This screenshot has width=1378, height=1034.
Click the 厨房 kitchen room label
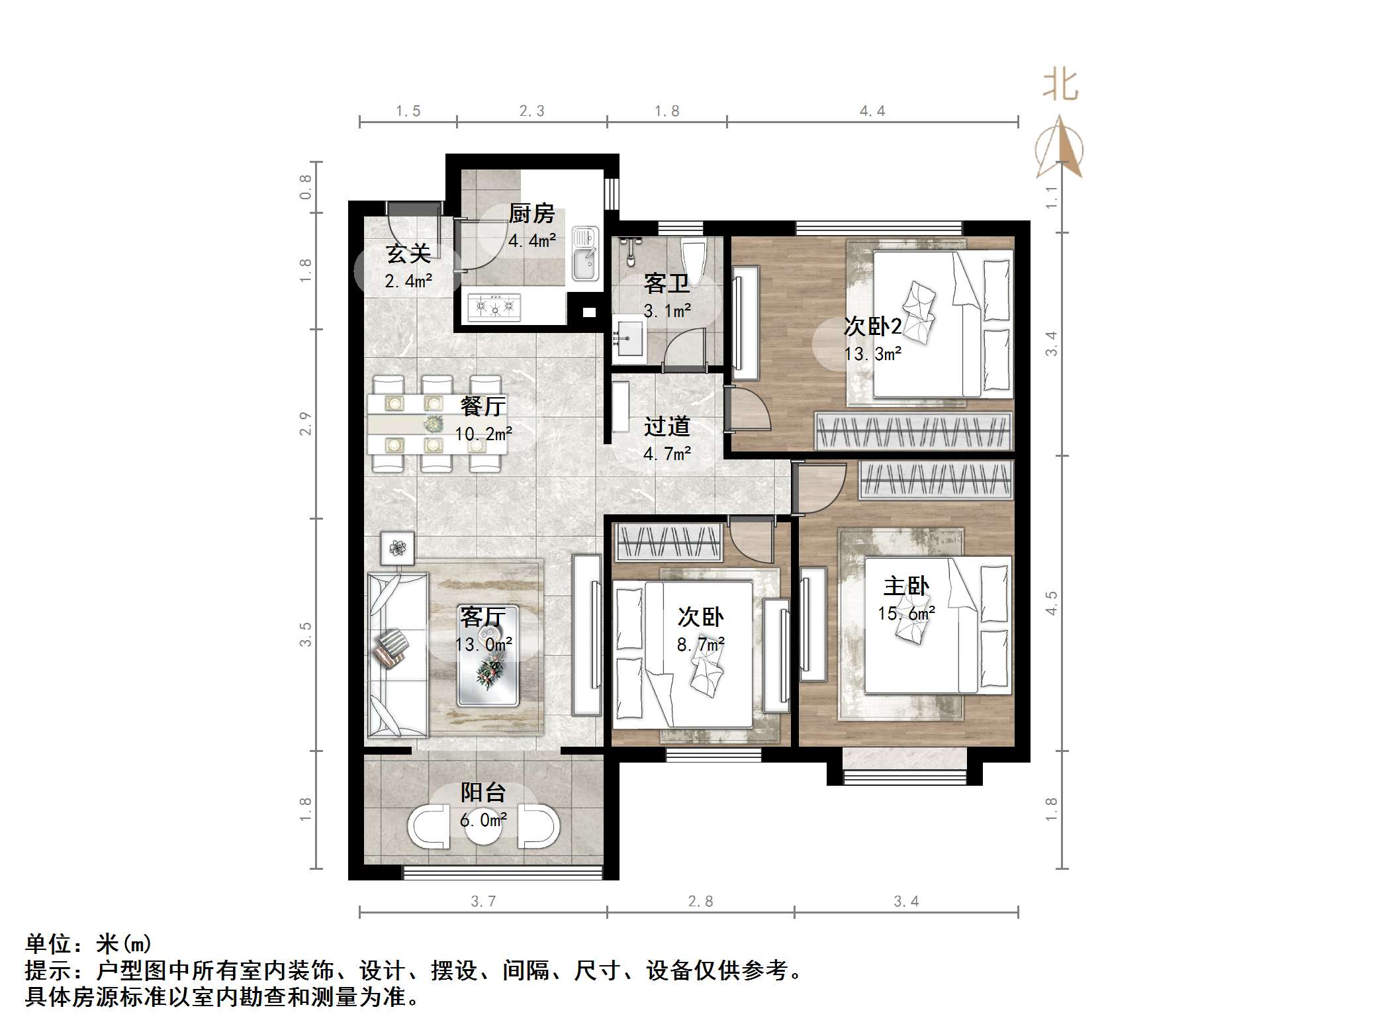point(531,214)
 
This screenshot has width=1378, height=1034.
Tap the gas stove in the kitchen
point(494,306)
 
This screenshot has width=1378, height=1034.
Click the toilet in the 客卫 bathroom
point(694,262)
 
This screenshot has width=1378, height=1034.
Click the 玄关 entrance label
point(408,253)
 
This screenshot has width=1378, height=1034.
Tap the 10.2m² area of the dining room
point(483,434)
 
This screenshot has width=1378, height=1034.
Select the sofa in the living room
point(397,654)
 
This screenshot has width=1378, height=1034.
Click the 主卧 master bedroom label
point(906,586)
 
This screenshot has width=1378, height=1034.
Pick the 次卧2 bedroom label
point(872,326)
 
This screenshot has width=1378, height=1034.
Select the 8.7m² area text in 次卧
point(700,644)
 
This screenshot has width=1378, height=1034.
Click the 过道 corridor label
point(666,426)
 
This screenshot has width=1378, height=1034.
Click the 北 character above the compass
point(1060,86)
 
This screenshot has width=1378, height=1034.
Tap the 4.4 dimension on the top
point(872,111)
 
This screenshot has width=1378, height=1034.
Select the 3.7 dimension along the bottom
point(482,901)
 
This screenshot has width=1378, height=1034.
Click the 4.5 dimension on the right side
point(1051,603)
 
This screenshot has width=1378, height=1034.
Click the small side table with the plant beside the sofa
point(397,548)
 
